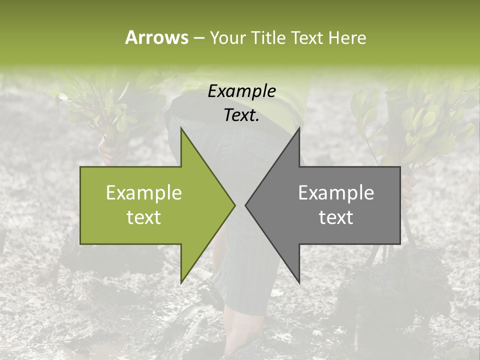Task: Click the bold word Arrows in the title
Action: [x=156, y=37]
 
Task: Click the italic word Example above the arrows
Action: [x=241, y=91]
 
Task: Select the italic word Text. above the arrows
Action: [x=241, y=115]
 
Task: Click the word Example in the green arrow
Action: [x=143, y=193]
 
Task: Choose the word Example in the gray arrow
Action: [x=336, y=193]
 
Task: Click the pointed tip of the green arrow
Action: [x=234, y=205]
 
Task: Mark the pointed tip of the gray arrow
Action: [x=245, y=205]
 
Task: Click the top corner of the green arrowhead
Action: [x=181, y=128]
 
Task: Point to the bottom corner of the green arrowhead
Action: [x=181, y=282]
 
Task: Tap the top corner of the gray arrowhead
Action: [x=299, y=128]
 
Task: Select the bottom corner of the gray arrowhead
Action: [x=299, y=282]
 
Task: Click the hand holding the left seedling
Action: [x=106, y=148]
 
